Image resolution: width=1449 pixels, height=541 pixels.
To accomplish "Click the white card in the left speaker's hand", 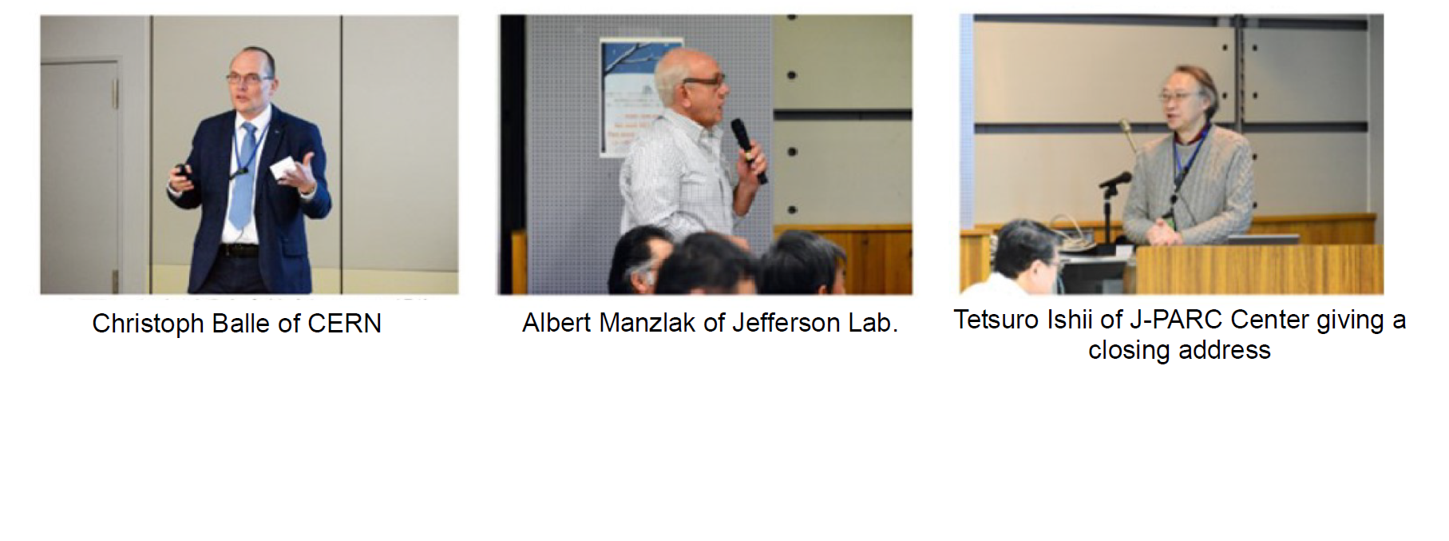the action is tap(283, 169).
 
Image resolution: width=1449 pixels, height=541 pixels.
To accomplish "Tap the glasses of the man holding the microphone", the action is tap(704, 81).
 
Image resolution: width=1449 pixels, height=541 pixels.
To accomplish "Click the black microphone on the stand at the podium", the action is tap(1115, 181).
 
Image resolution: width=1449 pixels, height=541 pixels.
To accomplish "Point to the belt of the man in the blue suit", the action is tap(238, 250).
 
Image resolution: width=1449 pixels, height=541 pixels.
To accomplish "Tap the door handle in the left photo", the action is tap(115, 94).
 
